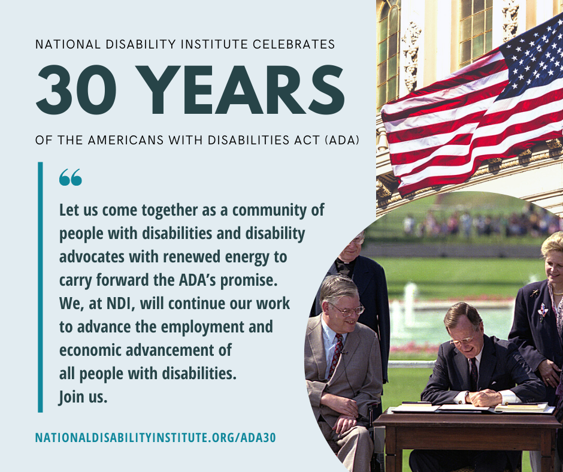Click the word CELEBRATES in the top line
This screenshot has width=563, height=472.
click(293, 44)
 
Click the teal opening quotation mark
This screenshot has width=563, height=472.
click(71, 177)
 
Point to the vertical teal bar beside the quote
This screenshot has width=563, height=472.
click(40, 287)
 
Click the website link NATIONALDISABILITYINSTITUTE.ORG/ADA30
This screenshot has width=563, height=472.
click(156, 437)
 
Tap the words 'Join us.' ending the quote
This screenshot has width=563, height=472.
click(83, 397)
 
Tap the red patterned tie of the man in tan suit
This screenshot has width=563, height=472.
click(336, 356)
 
